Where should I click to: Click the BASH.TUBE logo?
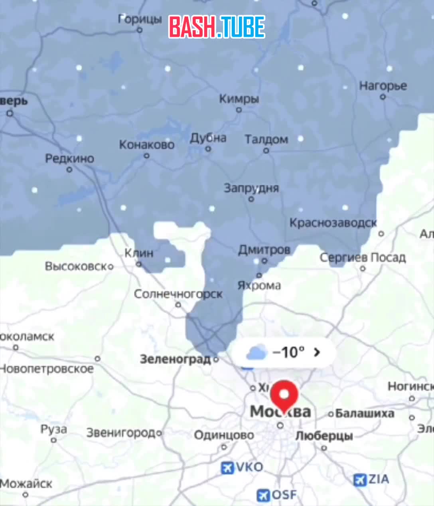[217, 27]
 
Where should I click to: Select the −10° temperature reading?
[288, 352]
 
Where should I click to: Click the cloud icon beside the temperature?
[256, 353]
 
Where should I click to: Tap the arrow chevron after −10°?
[317, 352]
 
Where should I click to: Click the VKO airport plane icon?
[227, 468]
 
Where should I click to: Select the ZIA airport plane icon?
[360, 480]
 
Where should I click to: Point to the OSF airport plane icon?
[263, 496]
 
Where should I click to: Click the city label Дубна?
[208, 138]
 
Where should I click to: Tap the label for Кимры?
[239, 99]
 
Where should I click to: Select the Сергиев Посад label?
[362, 257]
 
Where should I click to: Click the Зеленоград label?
[175, 359]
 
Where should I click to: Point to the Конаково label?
[147, 144]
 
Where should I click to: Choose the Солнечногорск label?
[178, 294]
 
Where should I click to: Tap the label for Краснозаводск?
[333, 223]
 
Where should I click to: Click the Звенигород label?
[121, 433]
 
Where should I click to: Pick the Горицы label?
[140, 19]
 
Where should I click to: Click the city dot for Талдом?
[266, 150]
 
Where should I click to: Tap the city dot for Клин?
[139, 264]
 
